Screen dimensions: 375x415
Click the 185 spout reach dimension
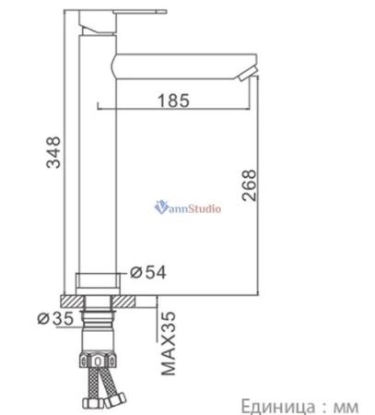[173, 101]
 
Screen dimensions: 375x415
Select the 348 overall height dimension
[53, 152]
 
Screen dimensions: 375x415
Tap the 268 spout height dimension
[249, 185]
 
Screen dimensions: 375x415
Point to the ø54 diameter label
[148, 272]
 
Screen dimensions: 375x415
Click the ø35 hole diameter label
[55, 318]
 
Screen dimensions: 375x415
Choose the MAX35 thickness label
[169, 343]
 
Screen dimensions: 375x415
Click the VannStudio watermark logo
[188, 207]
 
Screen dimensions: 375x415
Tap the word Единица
[278, 407]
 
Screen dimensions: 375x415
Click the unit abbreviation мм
[346, 408]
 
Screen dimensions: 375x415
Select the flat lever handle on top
[140, 12]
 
